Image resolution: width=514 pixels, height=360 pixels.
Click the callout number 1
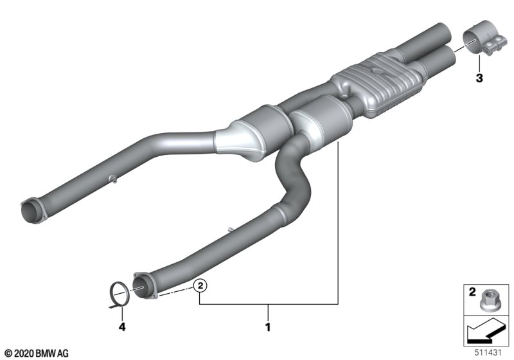click(268, 327)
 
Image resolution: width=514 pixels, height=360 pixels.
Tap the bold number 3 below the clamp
click(479, 78)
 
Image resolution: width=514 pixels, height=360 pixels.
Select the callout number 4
click(122, 327)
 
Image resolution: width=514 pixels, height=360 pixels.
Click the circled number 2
click(200, 285)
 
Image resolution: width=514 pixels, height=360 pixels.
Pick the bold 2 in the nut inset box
click(472, 291)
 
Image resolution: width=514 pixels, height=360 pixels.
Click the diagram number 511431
click(488, 353)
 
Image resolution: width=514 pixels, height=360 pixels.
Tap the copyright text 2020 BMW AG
click(37, 354)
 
